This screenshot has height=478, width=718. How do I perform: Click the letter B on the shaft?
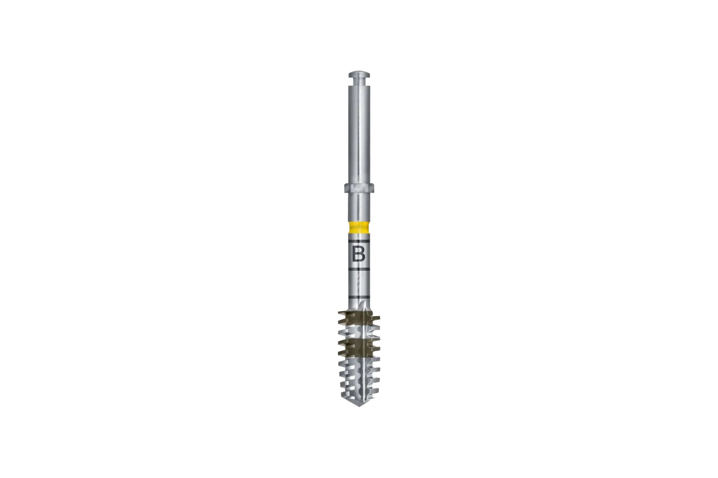[359, 255]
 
